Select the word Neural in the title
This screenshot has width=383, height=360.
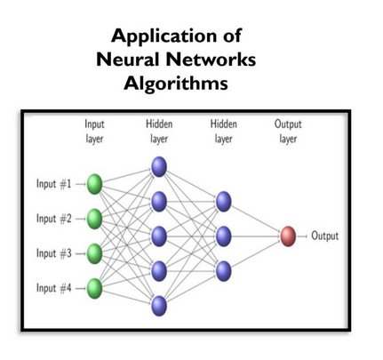click(132, 61)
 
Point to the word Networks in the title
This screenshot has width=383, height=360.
click(214, 61)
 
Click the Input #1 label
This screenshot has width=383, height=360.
click(53, 184)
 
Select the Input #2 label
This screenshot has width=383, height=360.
click(53, 219)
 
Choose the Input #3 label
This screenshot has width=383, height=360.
click(53, 253)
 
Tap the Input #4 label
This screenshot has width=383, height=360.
click(53, 288)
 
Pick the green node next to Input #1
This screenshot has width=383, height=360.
click(94, 184)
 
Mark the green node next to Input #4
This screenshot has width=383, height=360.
click(94, 288)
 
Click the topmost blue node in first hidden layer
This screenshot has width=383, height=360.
click(159, 166)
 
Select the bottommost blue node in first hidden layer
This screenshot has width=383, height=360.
click(159, 306)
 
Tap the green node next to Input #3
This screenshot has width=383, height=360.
click(94, 253)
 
